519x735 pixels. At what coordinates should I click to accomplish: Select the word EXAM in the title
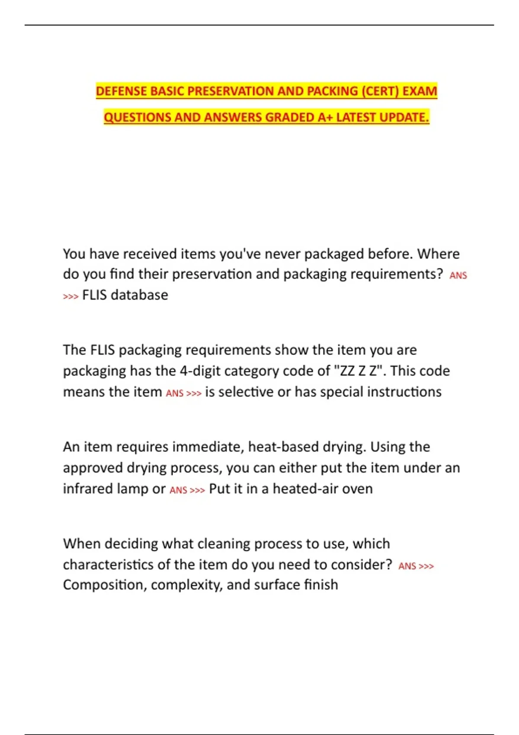click(420, 91)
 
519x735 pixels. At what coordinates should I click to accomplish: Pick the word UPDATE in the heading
click(405, 117)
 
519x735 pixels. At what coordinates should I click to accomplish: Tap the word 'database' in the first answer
click(139, 295)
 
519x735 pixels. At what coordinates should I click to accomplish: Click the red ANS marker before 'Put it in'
click(178, 490)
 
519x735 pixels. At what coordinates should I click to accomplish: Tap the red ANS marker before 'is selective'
click(175, 393)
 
